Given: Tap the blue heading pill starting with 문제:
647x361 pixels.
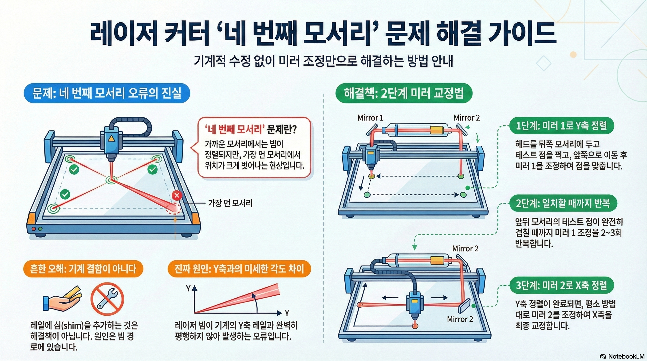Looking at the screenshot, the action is click(x=107, y=93).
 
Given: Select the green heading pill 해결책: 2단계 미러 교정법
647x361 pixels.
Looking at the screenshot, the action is click(x=404, y=93).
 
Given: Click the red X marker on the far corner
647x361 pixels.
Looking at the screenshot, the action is click(x=177, y=195).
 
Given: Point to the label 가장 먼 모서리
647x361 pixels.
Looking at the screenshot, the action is click(x=230, y=203).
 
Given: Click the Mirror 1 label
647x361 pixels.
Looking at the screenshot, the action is click(x=370, y=118).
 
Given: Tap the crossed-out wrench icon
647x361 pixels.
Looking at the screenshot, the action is click(x=107, y=299).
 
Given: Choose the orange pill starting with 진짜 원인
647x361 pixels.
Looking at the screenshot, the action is click(x=239, y=269).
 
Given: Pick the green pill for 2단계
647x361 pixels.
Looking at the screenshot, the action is click(x=563, y=203).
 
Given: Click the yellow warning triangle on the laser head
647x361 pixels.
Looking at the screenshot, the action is click(x=111, y=139).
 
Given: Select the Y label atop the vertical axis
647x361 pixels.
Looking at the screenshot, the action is click(x=188, y=289).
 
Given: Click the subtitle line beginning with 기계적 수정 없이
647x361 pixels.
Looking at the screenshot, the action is click(x=323, y=61).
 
